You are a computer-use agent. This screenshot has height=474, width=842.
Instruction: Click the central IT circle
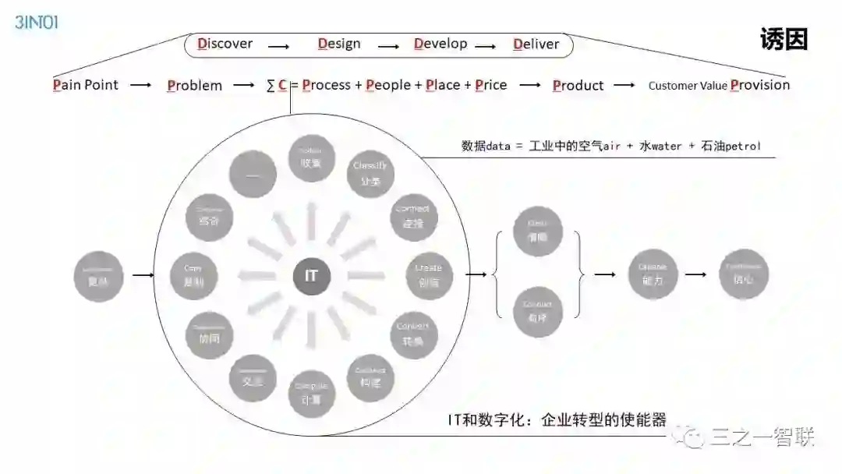(311, 276)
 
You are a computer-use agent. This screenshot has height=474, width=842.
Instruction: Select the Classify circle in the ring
(370, 173)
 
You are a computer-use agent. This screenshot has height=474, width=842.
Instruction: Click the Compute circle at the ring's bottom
(311, 394)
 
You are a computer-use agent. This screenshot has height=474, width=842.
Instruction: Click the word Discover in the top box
(225, 44)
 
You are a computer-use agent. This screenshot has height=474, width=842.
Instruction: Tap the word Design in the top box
(339, 44)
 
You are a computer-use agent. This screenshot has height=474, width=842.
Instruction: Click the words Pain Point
(86, 84)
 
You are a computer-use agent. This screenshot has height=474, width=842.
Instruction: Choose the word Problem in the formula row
(194, 85)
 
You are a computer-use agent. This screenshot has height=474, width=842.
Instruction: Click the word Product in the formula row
(578, 85)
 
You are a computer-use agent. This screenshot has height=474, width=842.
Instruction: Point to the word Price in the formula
(490, 84)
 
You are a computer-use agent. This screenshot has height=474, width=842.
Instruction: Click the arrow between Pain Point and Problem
(141, 85)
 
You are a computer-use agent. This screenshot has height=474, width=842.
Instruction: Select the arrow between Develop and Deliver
(485, 46)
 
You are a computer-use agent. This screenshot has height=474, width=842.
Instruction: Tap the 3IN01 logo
(37, 22)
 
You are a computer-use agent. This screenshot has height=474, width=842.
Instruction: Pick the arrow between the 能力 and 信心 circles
(696, 275)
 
